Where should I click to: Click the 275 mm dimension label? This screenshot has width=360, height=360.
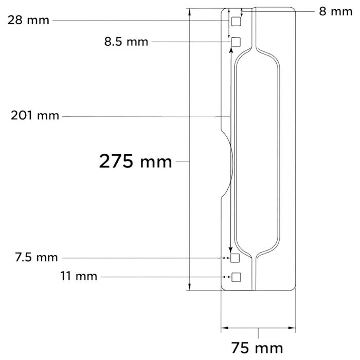click(135, 161)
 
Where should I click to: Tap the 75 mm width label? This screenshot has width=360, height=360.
click(257, 348)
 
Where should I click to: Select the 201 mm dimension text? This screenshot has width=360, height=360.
click(35, 116)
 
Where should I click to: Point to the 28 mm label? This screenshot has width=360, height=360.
click(28, 20)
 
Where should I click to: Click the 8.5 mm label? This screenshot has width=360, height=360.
click(127, 42)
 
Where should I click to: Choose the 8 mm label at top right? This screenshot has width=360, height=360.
click(336, 11)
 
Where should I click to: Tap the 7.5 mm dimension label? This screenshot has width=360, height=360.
click(37, 257)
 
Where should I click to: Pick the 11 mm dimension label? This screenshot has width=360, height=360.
click(79, 276)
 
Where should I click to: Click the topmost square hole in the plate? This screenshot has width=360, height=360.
click(236, 22)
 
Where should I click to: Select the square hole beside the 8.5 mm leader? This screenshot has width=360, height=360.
click(236, 42)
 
